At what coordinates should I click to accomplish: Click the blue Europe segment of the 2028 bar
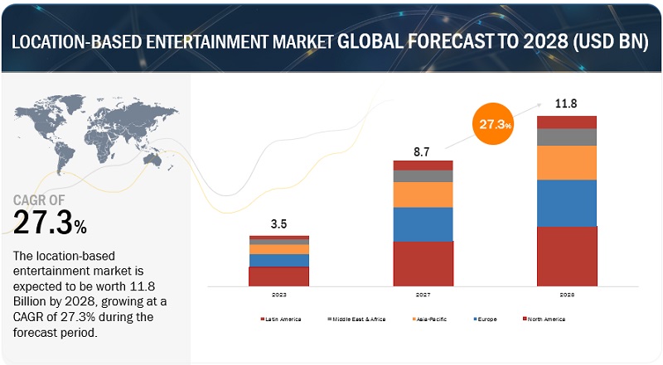(x=567, y=203)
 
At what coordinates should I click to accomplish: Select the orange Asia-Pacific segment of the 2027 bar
(x=423, y=195)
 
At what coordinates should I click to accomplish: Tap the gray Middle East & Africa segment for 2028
(x=567, y=137)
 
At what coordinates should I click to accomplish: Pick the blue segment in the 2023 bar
(x=278, y=261)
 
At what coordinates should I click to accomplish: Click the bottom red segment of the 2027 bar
(x=423, y=263)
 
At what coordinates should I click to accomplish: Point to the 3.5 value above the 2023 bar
(x=279, y=223)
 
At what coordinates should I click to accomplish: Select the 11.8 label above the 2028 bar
(x=567, y=104)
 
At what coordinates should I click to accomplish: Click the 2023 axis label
(x=278, y=294)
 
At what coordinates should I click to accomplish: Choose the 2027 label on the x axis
(x=423, y=294)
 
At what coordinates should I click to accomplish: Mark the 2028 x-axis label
(x=567, y=294)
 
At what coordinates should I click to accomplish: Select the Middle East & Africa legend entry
(x=359, y=319)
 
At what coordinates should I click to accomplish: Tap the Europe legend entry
(x=487, y=319)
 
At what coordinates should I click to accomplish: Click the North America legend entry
(x=546, y=319)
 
